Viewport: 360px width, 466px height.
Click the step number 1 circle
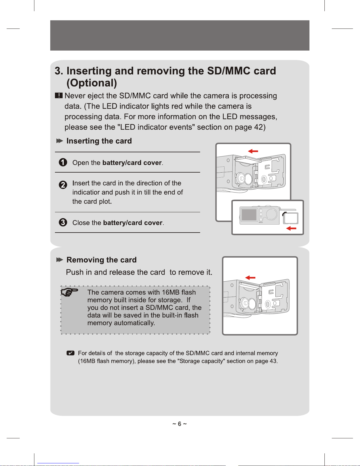click(x=63, y=162)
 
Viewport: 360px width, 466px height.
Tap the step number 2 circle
click(x=63, y=185)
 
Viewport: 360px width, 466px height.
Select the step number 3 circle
click(x=63, y=222)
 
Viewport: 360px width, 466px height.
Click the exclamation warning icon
click(x=59, y=96)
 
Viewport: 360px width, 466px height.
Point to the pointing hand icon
click(x=69, y=292)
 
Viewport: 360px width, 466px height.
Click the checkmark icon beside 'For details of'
click(x=71, y=353)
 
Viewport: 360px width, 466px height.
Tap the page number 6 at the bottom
click(x=180, y=424)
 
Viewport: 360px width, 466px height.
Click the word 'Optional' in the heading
click(x=92, y=83)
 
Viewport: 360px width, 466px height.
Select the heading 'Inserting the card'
click(x=99, y=141)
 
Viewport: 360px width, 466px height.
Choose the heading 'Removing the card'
click(x=101, y=260)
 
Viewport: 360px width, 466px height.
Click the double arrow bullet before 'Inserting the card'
click(x=60, y=141)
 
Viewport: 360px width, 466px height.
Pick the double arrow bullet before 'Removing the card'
click(x=60, y=260)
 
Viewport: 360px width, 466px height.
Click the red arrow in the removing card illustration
click(x=250, y=278)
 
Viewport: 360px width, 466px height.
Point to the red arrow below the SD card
click(x=291, y=228)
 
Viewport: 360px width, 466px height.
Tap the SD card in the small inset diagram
click(x=291, y=218)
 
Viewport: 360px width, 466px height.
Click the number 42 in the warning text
click(x=258, y=127)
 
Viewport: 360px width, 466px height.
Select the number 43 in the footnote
click(x=273, y=361)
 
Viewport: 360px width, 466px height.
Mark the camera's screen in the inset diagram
click(x=249, y=215)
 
